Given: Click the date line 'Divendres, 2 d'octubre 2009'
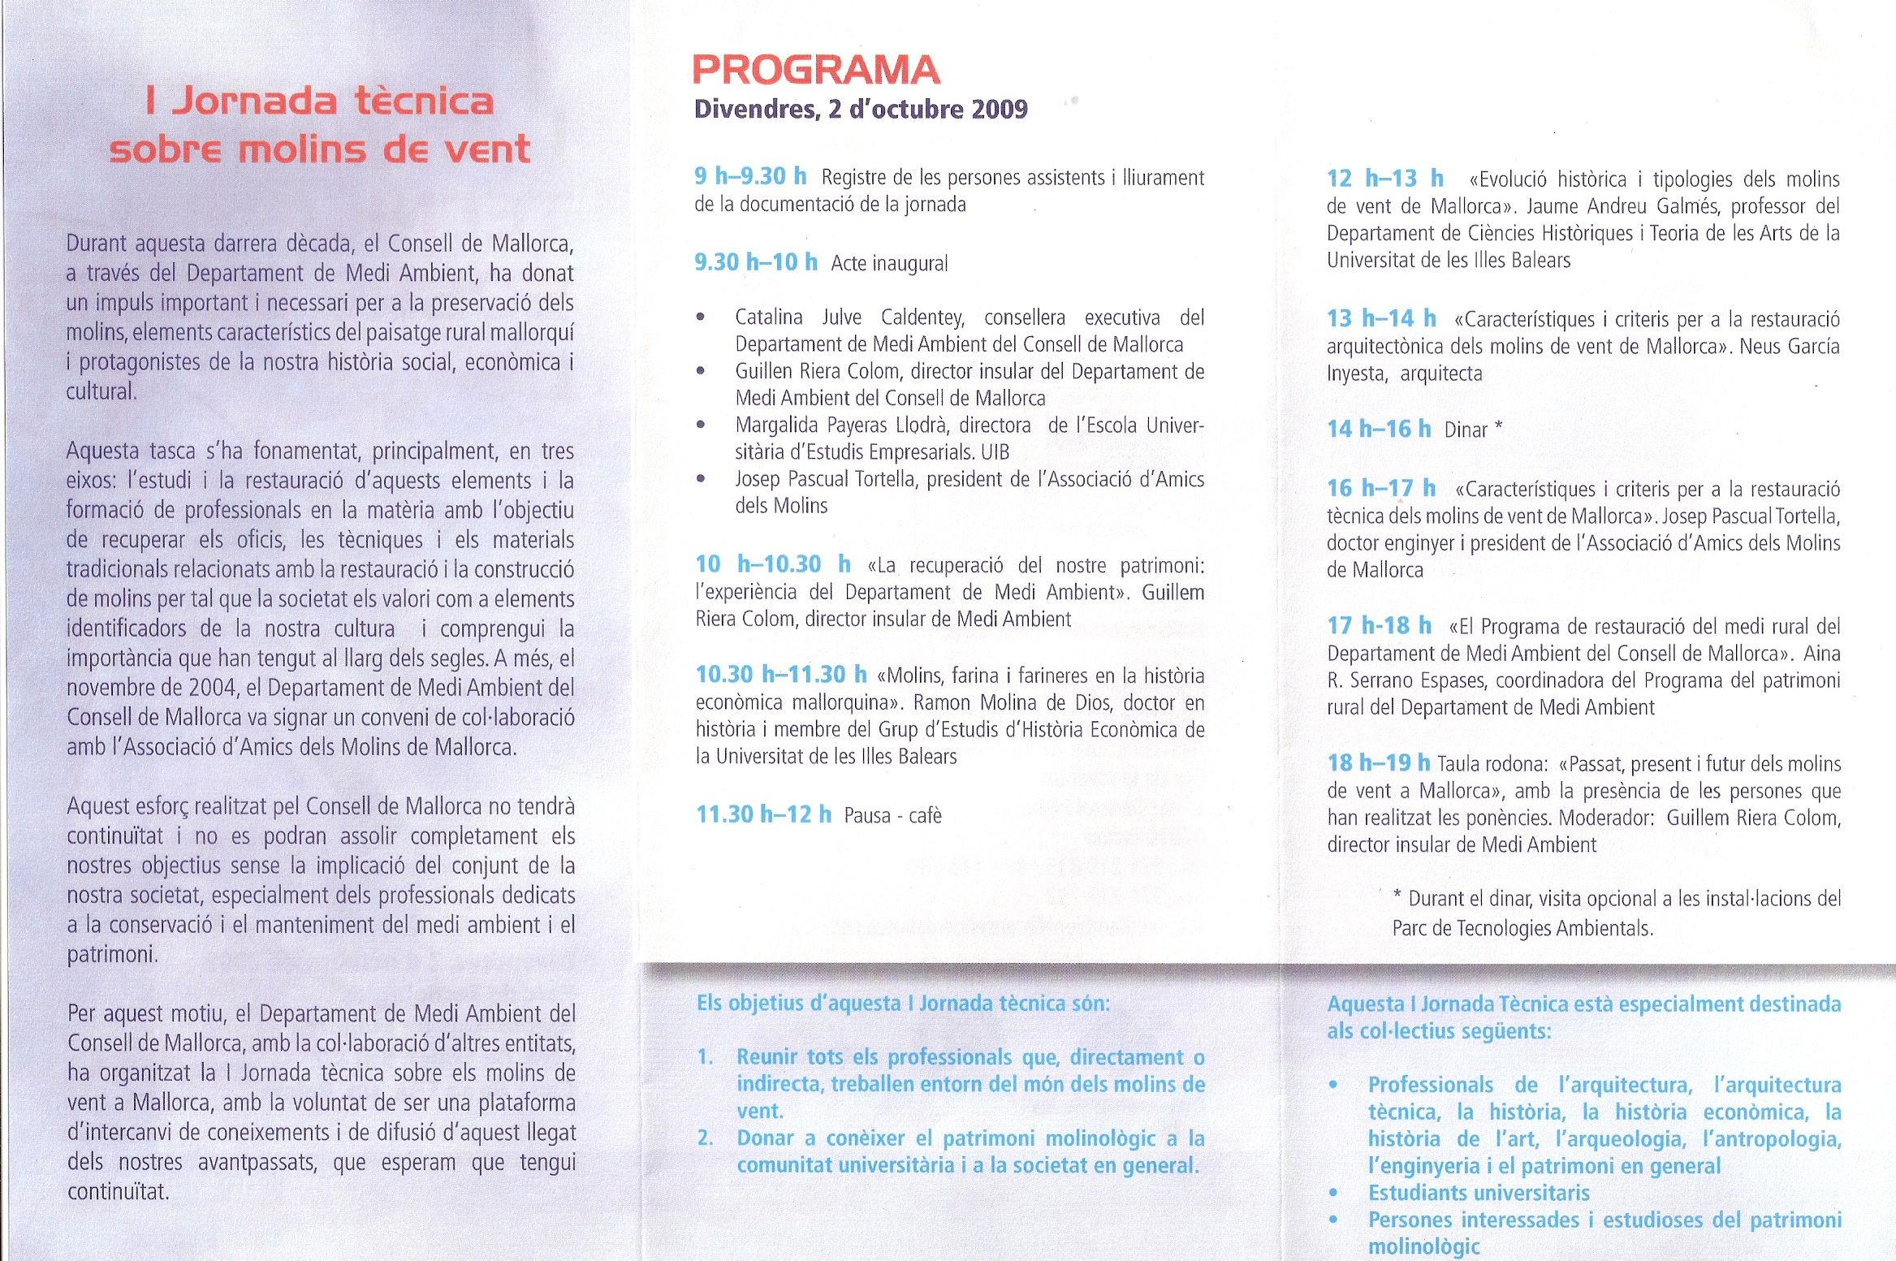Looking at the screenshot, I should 861,110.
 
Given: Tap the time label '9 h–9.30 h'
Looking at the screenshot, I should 749,176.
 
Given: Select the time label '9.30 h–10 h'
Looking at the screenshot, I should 755,262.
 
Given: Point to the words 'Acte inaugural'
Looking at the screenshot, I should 889,264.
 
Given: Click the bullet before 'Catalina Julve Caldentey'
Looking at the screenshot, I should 701,317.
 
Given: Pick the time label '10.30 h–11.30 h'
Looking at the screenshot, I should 781,675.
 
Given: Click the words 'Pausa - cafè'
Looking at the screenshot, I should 892,815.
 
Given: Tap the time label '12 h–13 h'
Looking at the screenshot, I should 1384,179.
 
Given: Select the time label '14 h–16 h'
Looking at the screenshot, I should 1378,429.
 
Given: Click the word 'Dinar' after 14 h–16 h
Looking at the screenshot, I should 1466,430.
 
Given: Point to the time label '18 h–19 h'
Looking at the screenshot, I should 1378,763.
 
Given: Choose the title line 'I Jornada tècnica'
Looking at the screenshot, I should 319,101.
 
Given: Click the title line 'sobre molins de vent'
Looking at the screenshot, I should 319,149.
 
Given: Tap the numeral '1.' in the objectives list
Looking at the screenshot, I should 705,1057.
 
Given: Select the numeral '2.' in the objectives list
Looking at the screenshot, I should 705,1138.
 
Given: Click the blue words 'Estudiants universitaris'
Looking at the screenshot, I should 1479,1193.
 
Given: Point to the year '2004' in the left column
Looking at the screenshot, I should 211,688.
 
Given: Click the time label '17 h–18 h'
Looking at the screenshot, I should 1379,626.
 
